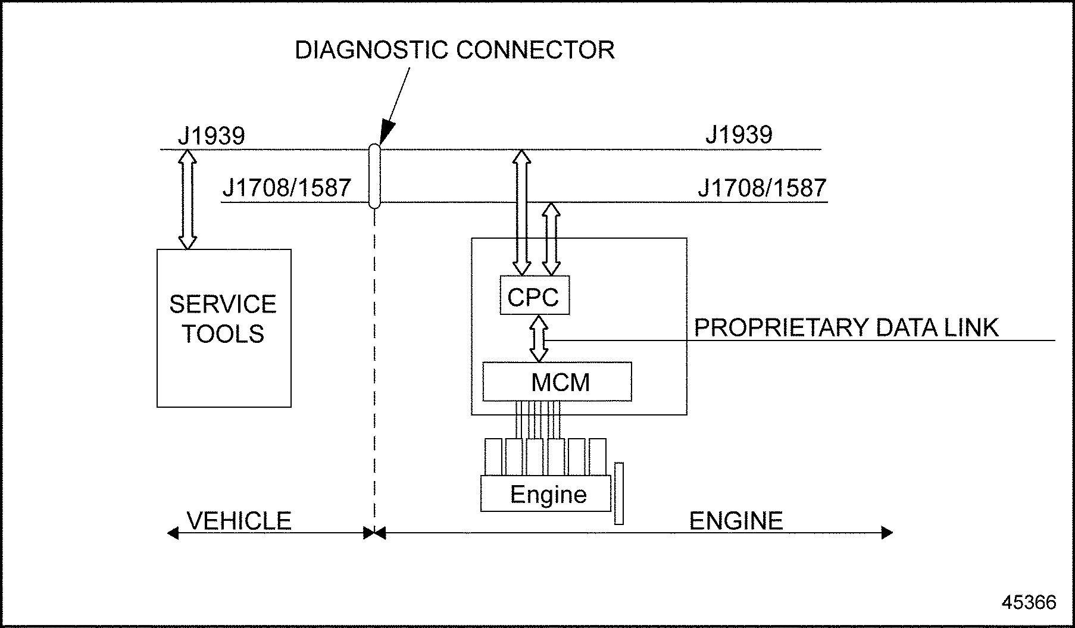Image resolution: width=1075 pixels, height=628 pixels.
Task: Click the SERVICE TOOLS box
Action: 224,327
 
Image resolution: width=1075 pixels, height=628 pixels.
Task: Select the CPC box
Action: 534,295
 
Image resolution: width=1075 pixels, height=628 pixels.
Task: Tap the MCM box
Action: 557,382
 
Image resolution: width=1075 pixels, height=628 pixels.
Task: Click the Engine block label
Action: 548,495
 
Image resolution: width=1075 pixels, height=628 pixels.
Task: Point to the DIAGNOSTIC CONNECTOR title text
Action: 455,50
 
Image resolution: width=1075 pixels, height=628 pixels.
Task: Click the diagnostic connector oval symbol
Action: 374,176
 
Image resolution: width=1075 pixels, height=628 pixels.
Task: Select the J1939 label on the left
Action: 211,136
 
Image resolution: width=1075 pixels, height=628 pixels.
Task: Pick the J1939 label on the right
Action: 739,135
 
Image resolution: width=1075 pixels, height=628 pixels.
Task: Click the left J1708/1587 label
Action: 286,188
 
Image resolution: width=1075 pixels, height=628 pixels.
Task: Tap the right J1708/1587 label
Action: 762,188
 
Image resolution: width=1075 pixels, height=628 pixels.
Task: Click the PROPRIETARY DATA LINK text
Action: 846,328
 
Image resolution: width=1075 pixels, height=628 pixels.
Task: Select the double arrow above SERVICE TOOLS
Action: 187,199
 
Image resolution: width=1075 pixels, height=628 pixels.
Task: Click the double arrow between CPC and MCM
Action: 539,338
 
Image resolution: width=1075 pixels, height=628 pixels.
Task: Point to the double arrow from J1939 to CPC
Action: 521,212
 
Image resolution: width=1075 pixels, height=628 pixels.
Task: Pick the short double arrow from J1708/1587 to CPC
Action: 551,239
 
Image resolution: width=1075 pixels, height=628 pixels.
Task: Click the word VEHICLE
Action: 239,521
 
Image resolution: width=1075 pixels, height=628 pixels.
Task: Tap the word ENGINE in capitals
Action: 736,521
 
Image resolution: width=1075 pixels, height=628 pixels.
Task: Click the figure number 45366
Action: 1029,602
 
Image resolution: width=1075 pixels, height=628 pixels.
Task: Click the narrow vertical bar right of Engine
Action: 619,493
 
